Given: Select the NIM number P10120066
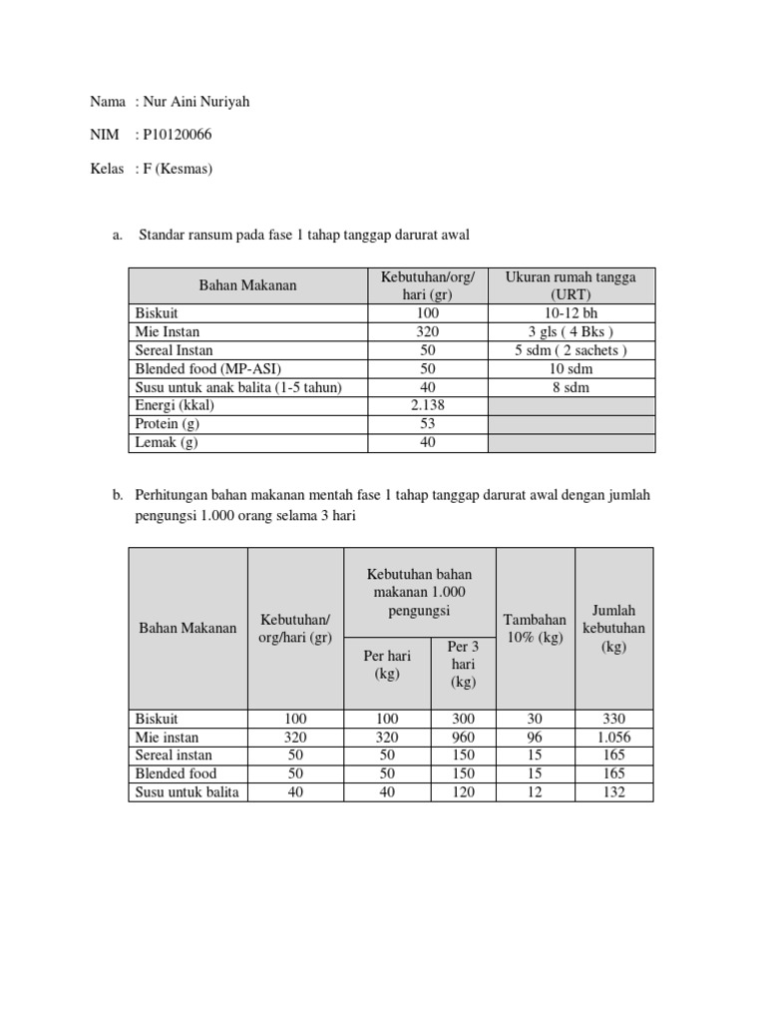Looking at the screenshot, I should (178, 135).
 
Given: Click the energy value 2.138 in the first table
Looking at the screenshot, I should (428, 406).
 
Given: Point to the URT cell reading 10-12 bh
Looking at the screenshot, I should (571, 312).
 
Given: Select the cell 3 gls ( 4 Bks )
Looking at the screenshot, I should (571, 331).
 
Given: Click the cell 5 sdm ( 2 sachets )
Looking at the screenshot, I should (571, 350).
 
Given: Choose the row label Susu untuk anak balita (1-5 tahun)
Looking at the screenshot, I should (238, 387).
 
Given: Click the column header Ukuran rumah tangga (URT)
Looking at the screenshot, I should (571, 285).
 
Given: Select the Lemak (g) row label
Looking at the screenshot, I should (167, 443).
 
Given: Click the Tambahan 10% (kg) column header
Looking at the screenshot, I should (535, 628).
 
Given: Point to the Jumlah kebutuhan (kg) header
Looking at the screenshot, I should (613, 628).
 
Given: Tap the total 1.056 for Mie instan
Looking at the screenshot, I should (613, 738).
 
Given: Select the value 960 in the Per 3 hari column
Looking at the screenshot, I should (463, 738).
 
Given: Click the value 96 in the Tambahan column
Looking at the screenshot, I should (535, 738).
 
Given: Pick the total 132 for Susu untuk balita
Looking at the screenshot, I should (613, 792).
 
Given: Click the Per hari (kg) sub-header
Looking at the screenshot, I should (386, 665).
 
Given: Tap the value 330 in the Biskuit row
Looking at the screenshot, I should (613, 719).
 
